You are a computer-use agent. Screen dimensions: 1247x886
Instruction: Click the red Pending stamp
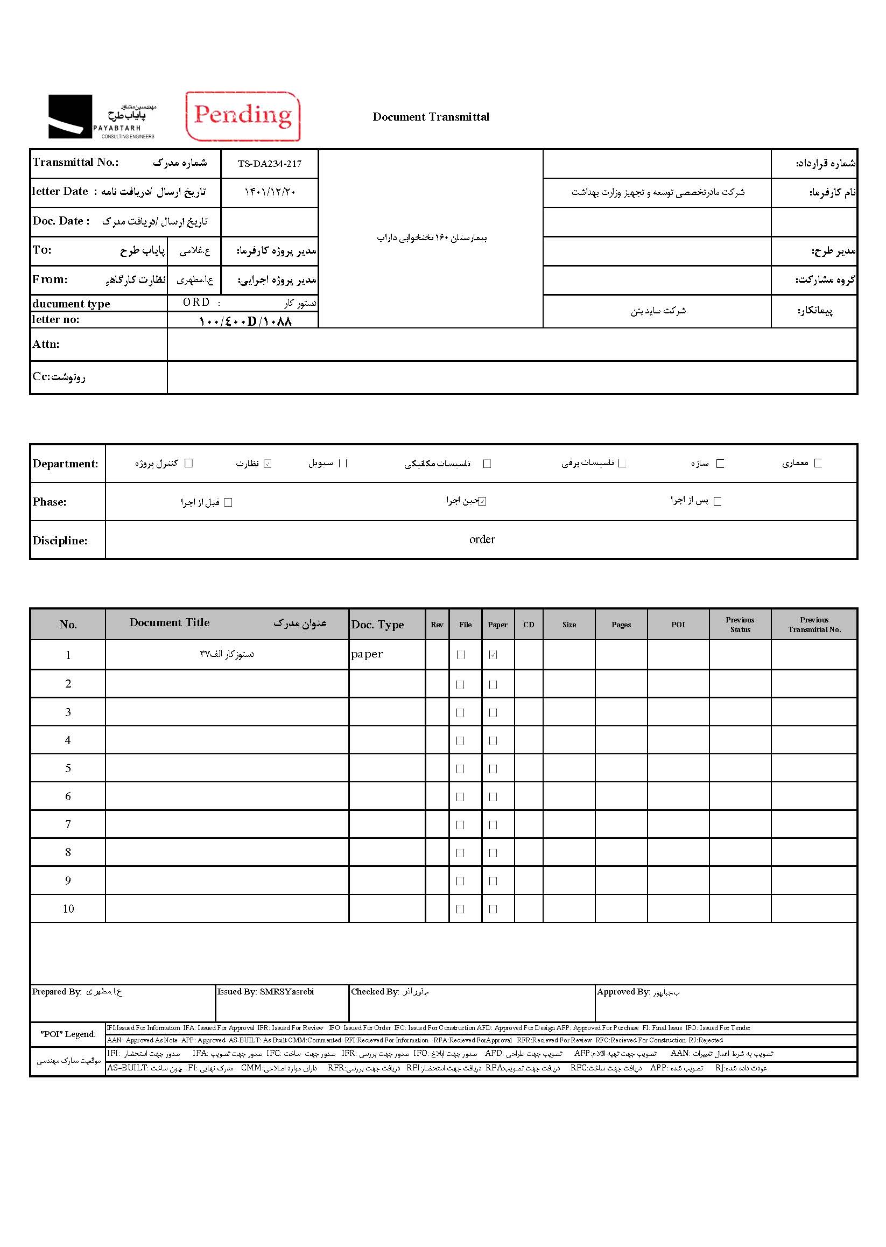click(x=243, y=116)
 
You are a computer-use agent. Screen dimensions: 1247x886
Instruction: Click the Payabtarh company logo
click(x=102, y=117)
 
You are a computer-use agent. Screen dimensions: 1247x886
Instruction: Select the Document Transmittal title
click(x=431, y=117)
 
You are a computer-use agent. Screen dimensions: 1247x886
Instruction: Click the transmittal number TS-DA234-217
click(x=270, y=164)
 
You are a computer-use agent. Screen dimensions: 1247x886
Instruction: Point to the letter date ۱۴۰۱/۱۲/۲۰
click(x=270, y=192)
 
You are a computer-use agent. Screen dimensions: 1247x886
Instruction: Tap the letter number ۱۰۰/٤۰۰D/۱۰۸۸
click(x=245, y=321)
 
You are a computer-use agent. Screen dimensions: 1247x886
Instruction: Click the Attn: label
click(x=46, y=345)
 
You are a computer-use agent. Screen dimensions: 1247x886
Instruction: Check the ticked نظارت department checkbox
click(x=268, y=464)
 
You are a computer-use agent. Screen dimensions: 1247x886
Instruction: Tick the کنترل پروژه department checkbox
click(x=189, y=463)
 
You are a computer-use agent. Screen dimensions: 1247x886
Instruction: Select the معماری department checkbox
click(x=818, y=463)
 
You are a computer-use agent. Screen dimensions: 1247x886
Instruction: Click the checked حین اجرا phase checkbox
click(x=482, y=501)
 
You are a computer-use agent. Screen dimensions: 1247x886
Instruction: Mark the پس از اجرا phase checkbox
click(x=718, y=501)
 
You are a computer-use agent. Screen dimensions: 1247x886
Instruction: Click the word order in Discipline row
click(x=482, y=540)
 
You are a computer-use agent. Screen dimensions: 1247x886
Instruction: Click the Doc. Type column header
click(x=377, y=625)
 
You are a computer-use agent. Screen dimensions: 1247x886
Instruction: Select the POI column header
click(x=678, y=625)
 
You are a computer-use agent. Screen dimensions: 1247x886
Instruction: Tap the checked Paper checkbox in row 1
click(x=493, y=655)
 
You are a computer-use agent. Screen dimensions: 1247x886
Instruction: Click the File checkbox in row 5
click(x=460, y=769)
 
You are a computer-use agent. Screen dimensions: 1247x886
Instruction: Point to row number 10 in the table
click(x=68, y=909)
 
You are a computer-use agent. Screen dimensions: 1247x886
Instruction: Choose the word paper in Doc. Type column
click(x=367, y=654)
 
